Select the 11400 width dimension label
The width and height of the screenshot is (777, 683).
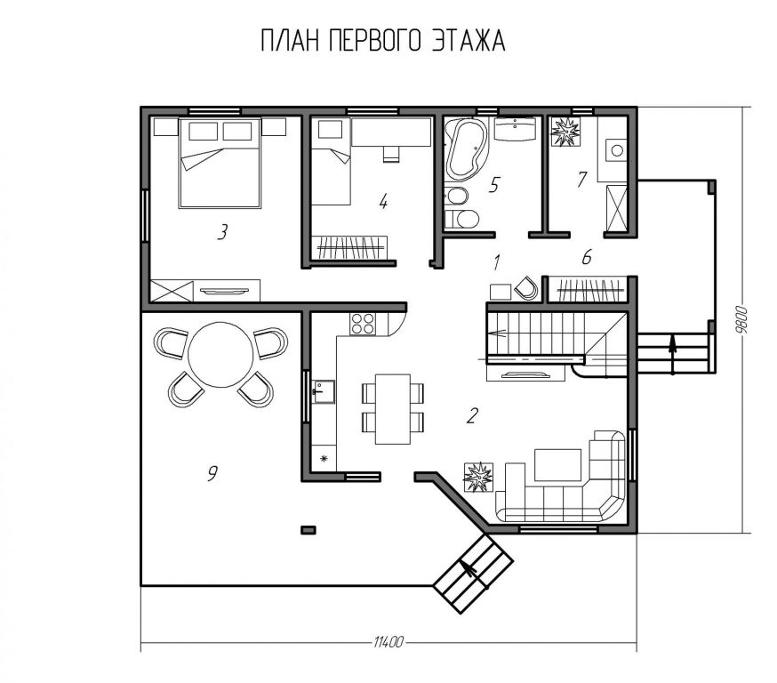click(388, 643)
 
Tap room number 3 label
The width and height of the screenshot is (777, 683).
click(222, 232)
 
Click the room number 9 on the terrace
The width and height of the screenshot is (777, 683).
click(212, 474)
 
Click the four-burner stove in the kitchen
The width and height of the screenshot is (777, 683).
click(363, 324)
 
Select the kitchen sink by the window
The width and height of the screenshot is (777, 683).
click(323, 391)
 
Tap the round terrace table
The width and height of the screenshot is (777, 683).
click(221, 354)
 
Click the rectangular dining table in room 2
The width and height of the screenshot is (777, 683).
click(393, 409)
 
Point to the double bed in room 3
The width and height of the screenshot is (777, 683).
click(220, 163)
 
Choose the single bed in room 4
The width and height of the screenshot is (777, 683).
click(331, 161)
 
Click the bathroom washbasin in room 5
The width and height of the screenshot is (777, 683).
click(516, 129)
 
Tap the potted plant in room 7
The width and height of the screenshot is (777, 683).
click(565, 132)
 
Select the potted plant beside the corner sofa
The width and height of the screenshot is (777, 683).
click(478, 477)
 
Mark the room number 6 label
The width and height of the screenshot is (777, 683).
click(587, 257)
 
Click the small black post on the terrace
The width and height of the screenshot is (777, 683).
click(308, 530)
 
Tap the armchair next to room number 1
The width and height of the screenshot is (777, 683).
click(526, 288)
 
